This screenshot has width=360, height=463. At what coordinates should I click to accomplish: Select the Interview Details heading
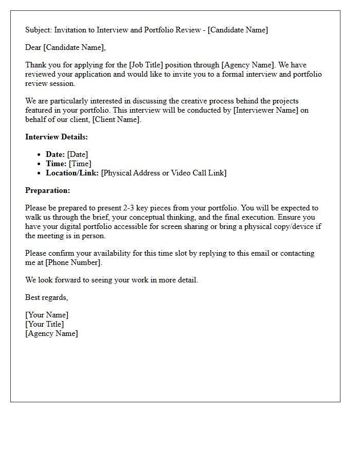[x=57, y=137]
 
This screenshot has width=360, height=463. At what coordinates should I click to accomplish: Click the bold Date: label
[x=55, y=154]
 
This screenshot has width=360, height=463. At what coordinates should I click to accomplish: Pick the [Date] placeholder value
[x=78, y=154]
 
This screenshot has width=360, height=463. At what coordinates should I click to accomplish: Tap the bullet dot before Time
[x=40, y=164]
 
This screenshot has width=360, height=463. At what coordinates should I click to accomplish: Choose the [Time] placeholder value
[x=80, y=164]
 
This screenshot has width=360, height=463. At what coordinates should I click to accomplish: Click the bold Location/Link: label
[x=73, y=173]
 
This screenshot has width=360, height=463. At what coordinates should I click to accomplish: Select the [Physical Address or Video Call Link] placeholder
[x=164, y=173]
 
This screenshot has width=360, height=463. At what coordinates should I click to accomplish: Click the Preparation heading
[x=48, y=190]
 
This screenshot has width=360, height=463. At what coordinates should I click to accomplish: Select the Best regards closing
[x=46, y=297]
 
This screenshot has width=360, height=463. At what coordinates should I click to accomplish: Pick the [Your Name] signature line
[x=47, y=315]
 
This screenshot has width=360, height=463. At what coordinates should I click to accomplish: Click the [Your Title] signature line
[x=45, y=324]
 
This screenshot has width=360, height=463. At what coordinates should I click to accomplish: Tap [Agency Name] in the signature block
[x=51, y=333]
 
